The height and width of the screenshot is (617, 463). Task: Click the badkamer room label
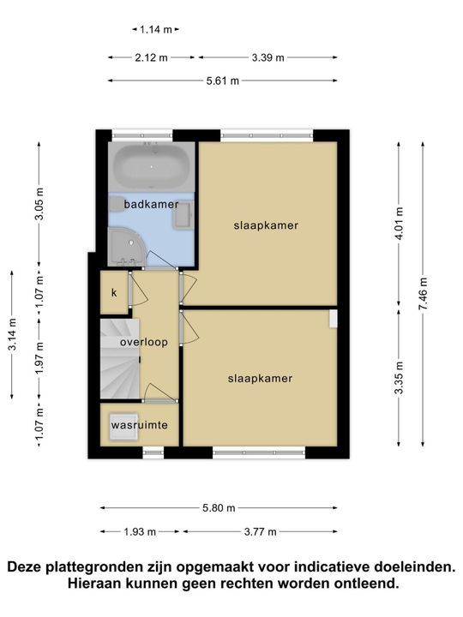pyautogui.click(x=151, y=205)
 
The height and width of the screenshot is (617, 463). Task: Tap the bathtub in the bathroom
pyautogui.click(x=152, y=166)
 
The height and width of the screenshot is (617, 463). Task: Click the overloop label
pyautogui.click(x=144, y=342)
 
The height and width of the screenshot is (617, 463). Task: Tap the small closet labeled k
pyautogui.click(x=113, y=292)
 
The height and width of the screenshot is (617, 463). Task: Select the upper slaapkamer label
pyautogui.click(x=266, y=225)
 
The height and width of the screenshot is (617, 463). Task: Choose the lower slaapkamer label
pyautogui.click(x=261, y=378)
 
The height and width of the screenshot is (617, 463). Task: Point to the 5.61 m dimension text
pyautogui.click(x=222, y=81)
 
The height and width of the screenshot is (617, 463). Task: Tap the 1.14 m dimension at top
pyautogui.click(x=156, y=29)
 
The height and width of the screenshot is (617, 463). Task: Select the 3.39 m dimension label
pyautogui.click(x=268, y=57)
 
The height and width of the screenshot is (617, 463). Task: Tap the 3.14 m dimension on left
pyautogui.click(x=11, y=335)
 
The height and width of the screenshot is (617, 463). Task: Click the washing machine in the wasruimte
pyautogui.click(x=123, y=424)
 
